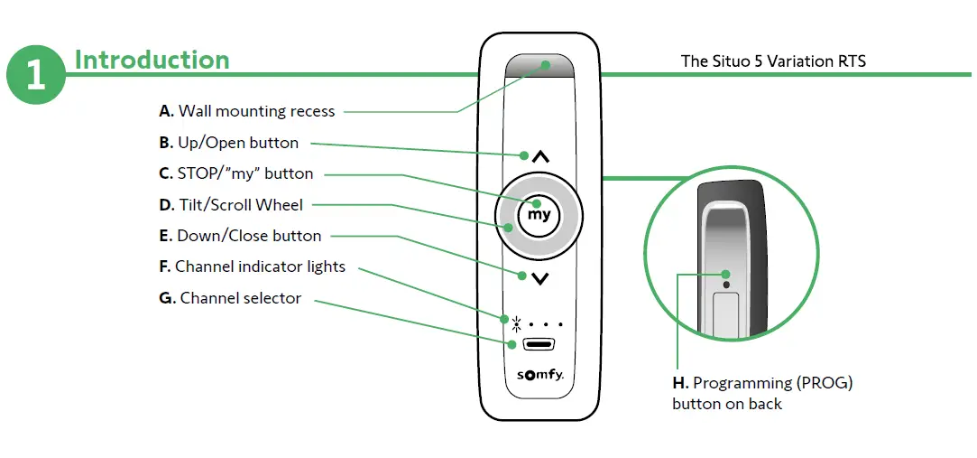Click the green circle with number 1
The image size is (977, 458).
[36, 75]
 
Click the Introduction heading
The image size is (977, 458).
[152, 60]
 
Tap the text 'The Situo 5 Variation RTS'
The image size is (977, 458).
[773, 61]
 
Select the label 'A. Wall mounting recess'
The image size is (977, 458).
[246, 112]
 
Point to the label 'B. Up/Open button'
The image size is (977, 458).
[228, 143]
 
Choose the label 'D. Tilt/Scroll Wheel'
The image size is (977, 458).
[231, 205]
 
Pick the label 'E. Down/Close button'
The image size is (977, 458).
[240, 236]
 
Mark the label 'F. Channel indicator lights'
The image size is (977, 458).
[252, 266]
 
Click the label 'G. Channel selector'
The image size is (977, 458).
[230, 298]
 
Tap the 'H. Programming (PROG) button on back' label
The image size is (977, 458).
[762, 393]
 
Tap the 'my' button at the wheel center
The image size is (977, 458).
[539, 215]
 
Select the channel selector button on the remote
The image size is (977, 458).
[539, 344]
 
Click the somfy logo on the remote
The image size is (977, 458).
[539, 375]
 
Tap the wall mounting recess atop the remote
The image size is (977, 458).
[539, 67]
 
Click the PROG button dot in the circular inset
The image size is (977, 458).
[727, 275]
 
